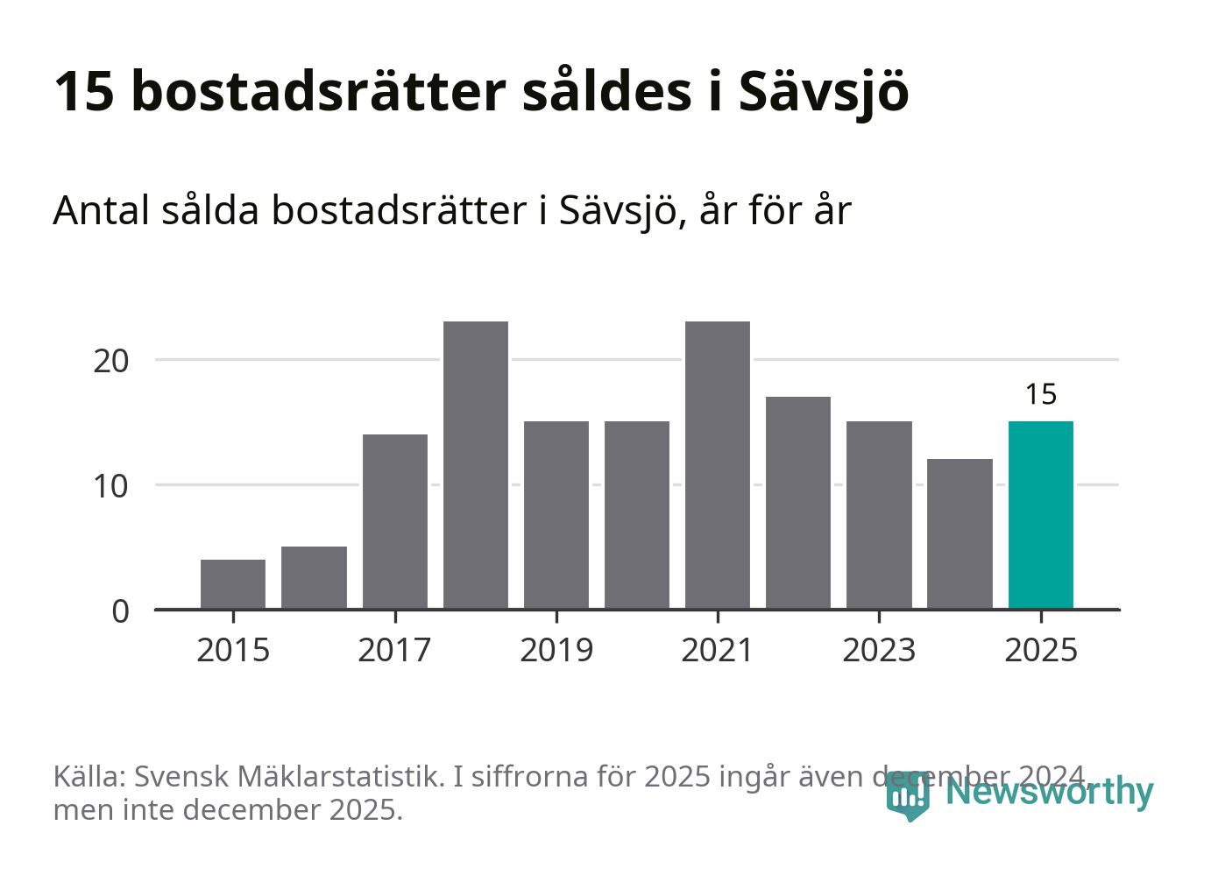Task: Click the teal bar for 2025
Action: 1040,515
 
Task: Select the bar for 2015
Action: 233,583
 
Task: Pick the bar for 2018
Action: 475,464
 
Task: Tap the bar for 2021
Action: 718,464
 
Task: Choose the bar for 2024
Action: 960,533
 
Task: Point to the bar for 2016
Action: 314,577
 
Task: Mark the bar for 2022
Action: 798,502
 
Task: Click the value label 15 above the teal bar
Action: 1041,395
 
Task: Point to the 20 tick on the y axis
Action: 111,361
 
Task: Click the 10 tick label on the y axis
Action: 111,486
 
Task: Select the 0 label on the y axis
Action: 121,611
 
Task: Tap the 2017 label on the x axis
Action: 394,651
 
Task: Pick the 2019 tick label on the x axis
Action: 556,651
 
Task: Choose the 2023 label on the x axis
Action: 879,651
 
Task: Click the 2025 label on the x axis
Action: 1041,651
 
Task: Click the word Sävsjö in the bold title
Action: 824,91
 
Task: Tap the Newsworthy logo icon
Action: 908,794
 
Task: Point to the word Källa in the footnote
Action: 91,776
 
